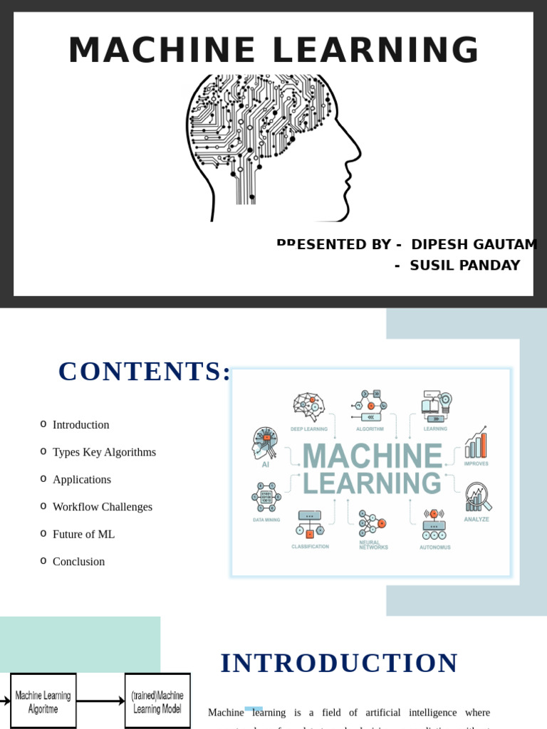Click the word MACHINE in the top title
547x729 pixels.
(x=162, y=51)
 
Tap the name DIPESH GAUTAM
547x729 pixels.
(x=474, y=244)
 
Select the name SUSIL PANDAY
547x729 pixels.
(x=464, y=266)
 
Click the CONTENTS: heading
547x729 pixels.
(x=145, y=372)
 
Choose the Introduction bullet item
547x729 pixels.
(x=80, y=425)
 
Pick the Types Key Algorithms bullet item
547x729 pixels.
(x=104, y=452)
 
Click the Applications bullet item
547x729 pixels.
(x=82, y=480)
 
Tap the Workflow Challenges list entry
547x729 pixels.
(x=103, y=507)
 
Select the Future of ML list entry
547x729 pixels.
(x=83, y=534)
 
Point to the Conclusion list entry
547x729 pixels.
(x=78, y=562)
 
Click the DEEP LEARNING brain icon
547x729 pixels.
(x=309, y=407)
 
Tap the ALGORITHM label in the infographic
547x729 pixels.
(x=370, y=429)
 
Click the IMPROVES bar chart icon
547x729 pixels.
(x=476, y=444)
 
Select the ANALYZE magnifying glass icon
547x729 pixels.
(x=477, y=497)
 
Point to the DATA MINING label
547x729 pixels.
(x=266, y=520)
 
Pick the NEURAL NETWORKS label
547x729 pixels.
(x=373, y=545)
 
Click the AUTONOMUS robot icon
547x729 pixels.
(x=434, y=525)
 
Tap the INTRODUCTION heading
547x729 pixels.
(x=339, y=664)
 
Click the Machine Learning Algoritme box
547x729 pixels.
(x=43, y=701)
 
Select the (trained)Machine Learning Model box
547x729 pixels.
(x=157, y=701)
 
